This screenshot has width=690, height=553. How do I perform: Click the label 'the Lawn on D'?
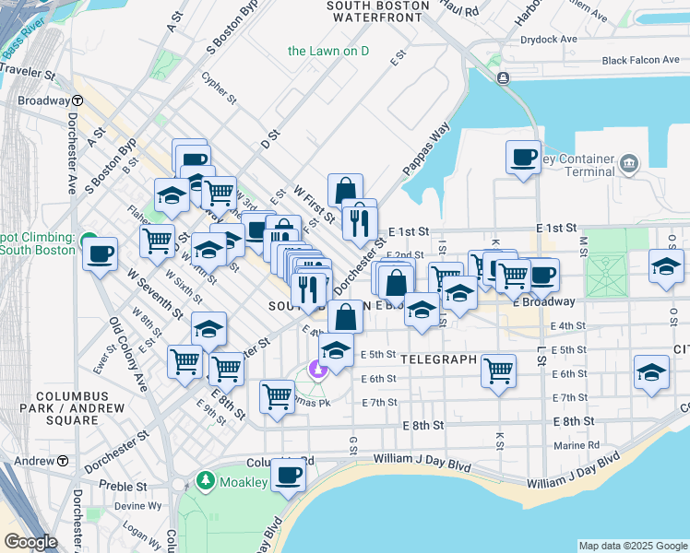[x=327, y=51]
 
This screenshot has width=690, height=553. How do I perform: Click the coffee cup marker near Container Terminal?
[x=523, y=157]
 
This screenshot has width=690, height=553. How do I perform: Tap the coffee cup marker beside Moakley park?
[x=289, y=476]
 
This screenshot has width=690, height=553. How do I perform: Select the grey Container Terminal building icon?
[x=629, y=164]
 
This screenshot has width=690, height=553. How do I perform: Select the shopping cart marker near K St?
[x=498, y=371]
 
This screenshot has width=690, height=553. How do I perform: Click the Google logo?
[x=30, y=542]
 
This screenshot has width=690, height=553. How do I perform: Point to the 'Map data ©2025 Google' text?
[x=632, y=546]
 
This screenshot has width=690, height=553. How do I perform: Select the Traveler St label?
[x=28, y=70]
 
